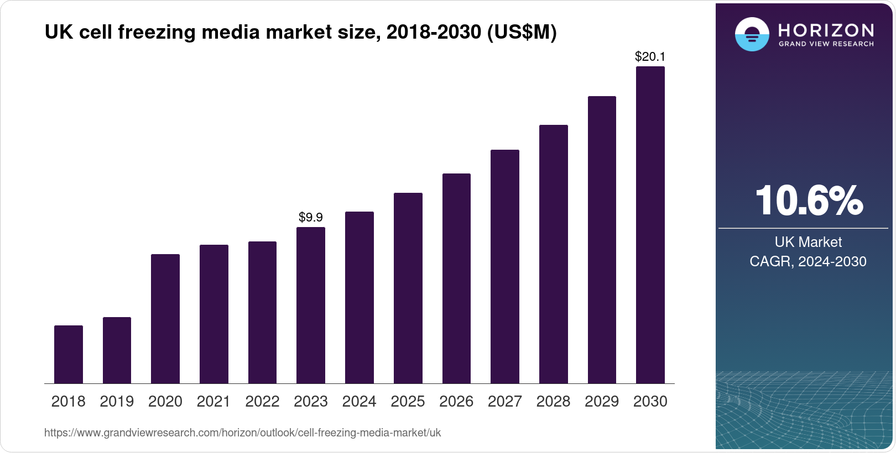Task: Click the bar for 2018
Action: pyautogui.click(x=69, y=354)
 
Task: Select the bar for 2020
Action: pyautogui.click(x=165, y=319)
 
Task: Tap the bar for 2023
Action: pyautogui.click(x=311, y=305)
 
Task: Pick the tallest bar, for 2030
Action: pyautogui.click(x=650, y=225)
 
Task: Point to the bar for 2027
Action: pyautogui.click(x=505, y=266)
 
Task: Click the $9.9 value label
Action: pyautogui.click(x=311, y=217)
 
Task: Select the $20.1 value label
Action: pyautogui.click(x=650, y=56)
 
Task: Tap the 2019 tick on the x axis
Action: pyautogui.click(x=117, y=402)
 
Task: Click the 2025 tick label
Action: pyautogui.click(x=408, y=402)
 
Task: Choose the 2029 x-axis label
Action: pyautogui.click(x=602, y=402)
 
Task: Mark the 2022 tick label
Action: pyautogui.click(x=262, y=402)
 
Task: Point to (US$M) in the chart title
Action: pyautogui.click(x=522, y=33)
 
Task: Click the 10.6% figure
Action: pyautogui.click(x=808, y=201)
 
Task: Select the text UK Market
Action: pyautogui.click(x=808, y=242)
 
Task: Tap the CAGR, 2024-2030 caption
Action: pyautogui.click(x=808, y=261)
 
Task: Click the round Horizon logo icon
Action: pyautogui.click(x=752, y=34)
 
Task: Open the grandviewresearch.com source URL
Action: pyautogui.click(x=242, y=433)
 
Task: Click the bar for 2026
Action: pyautogui.click(x=456, y=278)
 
